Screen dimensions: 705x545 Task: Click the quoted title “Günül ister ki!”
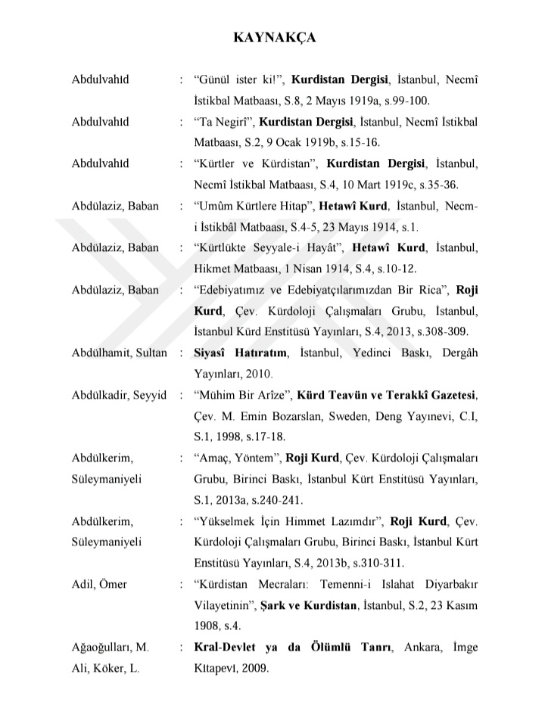coord(239,79)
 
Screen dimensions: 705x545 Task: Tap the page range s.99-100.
coord(406,100)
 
